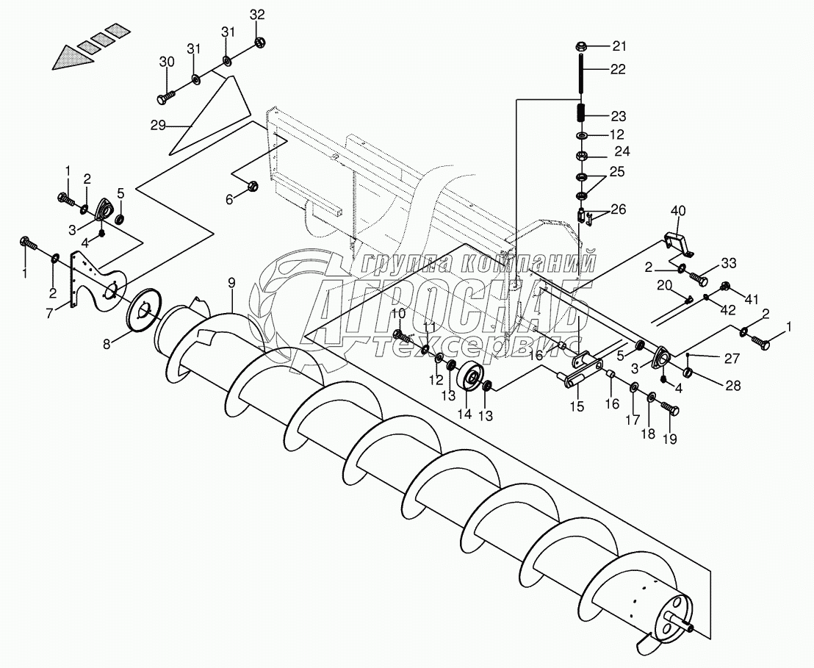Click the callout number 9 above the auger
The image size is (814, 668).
point(231,281)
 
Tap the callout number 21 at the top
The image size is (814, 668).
point(620,47)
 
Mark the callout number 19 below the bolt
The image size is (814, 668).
point(669,439)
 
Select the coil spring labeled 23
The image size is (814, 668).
point(580,114)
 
